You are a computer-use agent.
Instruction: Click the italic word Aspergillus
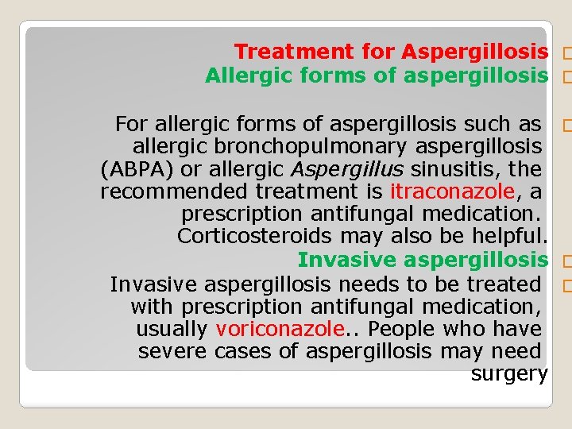pos(347,169)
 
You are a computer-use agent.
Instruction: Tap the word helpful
pos(506,237)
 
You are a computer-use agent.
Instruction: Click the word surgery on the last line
pos(509,374)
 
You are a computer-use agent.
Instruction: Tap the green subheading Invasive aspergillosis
pos(423,260)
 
